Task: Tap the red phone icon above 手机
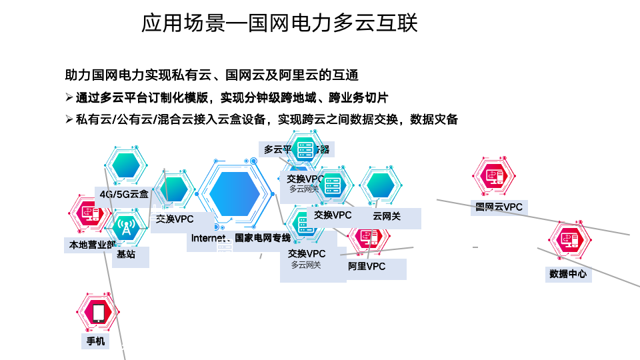[99, 312]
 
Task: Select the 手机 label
[95, 341]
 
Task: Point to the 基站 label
[126, 254]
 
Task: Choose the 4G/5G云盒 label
[124, 194]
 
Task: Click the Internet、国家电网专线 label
[241, 238]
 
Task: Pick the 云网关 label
[387, 216]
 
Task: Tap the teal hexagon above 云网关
[381, 185]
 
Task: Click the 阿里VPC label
[367, 267]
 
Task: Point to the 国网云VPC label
[499, 207]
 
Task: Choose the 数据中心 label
[568, 273]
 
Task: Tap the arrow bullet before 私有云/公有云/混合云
[69, 119]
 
